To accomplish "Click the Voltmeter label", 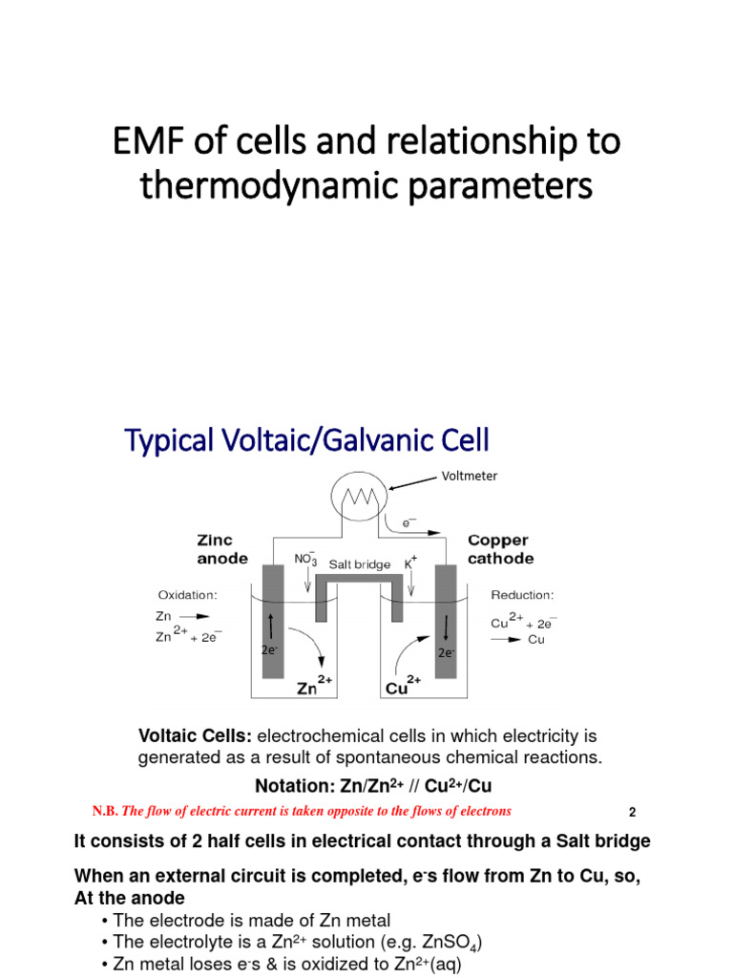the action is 468,476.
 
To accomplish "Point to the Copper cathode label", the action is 500,549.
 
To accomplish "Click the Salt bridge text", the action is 360,564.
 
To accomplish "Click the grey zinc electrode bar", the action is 272,621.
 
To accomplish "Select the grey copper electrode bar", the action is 446,621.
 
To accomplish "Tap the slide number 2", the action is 632,813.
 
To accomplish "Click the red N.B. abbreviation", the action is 105,811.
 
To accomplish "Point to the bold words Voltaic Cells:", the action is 196,736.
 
